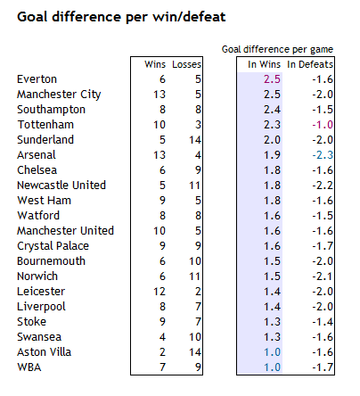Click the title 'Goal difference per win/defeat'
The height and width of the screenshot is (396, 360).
coord(121,17)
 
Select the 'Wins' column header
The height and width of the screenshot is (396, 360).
coord(155,64)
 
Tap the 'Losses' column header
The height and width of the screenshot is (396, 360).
coord(186,64)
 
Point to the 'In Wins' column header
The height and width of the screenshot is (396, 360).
coord(264,64)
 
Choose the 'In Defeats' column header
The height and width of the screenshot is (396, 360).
coord(310,64)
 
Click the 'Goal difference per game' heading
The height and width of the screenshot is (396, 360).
coord(277,49)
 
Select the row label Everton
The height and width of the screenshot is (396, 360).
coord(37,79)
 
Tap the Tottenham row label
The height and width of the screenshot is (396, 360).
coord(45,125)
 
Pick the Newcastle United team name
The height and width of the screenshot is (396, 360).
coord(61,186)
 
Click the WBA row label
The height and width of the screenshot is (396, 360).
coord(29,367)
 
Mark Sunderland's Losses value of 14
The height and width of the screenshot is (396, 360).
coord(195,140)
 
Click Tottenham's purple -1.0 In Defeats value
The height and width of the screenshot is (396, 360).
coord(323,125)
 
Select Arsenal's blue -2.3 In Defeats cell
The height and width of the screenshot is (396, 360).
coord(323,155)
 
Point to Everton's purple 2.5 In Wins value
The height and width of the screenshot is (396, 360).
coord(272,79)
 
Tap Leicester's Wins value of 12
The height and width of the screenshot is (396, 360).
coord(160,292)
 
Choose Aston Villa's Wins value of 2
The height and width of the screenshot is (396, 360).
coord(162,352)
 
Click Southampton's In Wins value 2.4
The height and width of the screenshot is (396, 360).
coord(272,110)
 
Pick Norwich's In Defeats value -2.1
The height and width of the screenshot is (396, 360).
coord(323,276)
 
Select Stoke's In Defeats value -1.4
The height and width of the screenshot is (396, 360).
coord(323,322)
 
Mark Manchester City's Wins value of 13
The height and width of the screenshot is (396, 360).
coord(160,95)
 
